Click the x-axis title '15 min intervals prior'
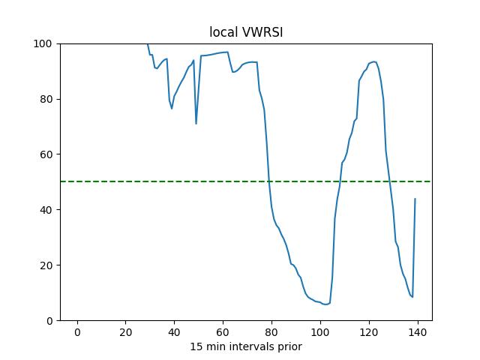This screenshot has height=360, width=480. click(245, 346)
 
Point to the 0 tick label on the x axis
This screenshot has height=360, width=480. click(76, 332)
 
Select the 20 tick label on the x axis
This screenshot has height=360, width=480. click(125, 332)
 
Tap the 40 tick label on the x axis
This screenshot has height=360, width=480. click(174, 332)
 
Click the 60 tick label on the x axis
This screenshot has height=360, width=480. click(223, 332)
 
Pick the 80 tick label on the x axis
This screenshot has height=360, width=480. click(271, 332)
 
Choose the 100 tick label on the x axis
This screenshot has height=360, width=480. click(320, 332)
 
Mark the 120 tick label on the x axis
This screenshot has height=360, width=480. click(369, 332)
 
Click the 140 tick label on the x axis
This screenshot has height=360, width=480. click(418, 332)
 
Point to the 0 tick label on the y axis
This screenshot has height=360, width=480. click(48, 321)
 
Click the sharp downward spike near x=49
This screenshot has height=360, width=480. click(196, 123)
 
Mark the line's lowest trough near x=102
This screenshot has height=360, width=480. click(325, 304)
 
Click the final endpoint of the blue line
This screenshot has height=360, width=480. click(415, 199)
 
